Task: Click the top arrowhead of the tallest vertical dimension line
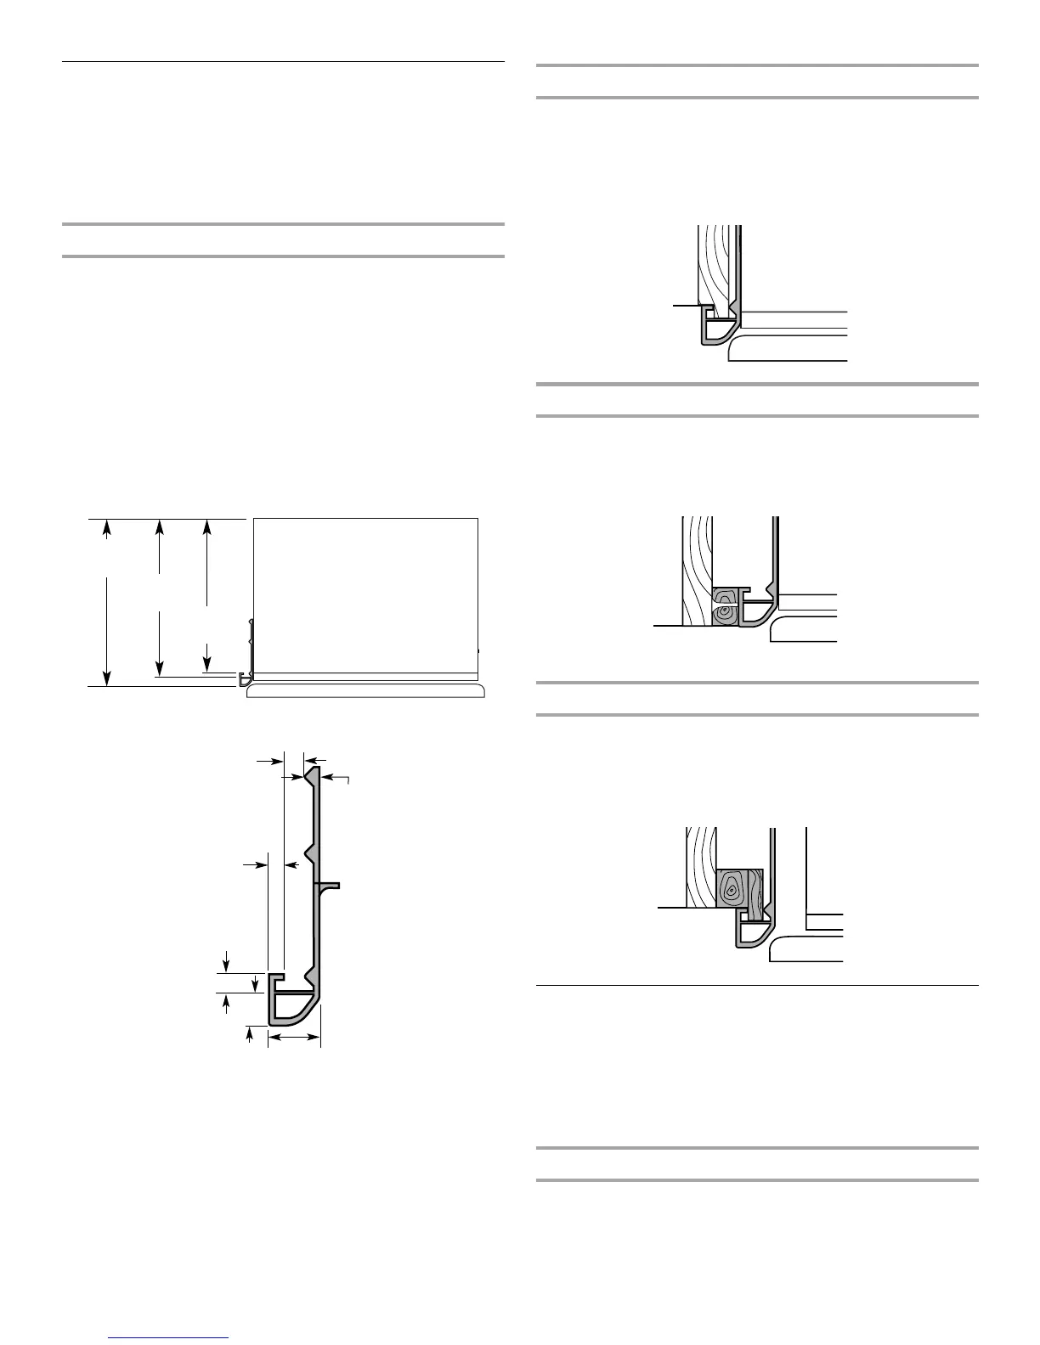tap(106, 528)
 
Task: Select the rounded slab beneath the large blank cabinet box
tap(365, 691)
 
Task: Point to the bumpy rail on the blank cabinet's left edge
tap(250, 633)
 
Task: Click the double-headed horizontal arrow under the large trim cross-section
tap(294, 1037)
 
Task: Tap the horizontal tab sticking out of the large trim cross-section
tap(330, 886)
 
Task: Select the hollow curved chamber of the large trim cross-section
tap(293, 1008)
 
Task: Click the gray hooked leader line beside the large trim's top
tap(348, 779)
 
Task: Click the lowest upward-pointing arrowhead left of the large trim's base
tap(249, 1033)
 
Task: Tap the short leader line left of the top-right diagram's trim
tap(685, 304)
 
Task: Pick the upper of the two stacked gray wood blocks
tap(725, 594)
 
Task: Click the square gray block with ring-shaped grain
tap(732, 889)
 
